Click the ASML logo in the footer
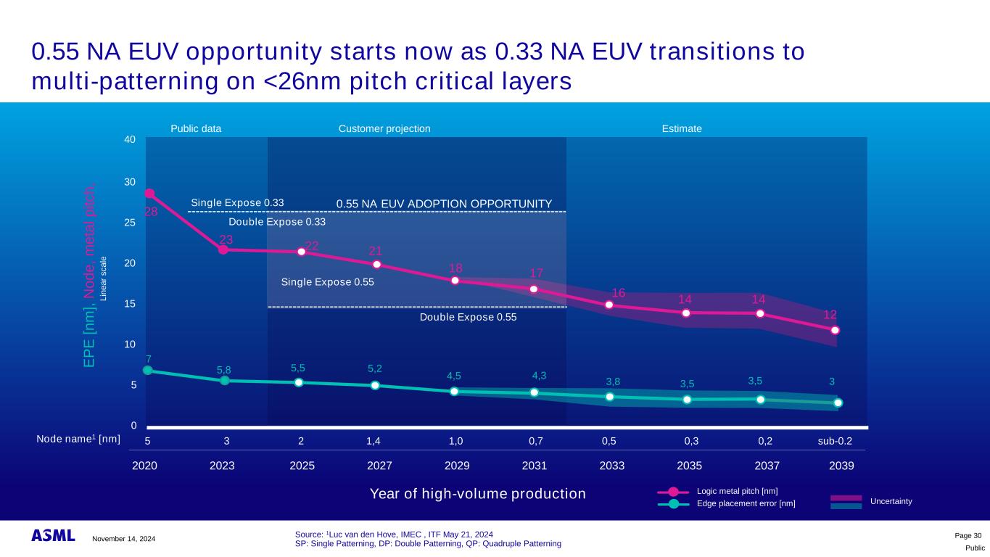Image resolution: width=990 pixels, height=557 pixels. tap(53, 536)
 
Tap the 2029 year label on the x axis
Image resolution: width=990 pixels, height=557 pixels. tap(457, 465)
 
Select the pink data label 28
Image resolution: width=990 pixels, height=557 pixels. tap(151, 212)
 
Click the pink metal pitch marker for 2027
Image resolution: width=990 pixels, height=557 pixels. tap(377, 265)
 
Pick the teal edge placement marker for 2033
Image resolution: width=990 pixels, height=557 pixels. tap(610, 397)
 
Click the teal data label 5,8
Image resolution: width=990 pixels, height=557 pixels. tap(224, 371)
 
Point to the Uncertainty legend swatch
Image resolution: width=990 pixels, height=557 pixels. tap(845, 501)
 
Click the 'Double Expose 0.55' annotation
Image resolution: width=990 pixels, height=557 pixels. tap(468, 317)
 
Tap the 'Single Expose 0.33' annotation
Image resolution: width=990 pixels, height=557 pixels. tap(237, 202)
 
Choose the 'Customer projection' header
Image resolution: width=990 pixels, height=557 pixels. tap(384, 128)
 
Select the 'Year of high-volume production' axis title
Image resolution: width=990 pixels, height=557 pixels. tap(477, 494)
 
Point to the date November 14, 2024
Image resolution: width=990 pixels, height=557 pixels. tap(123, 538)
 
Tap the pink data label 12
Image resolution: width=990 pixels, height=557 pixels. tap(830, 314)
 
